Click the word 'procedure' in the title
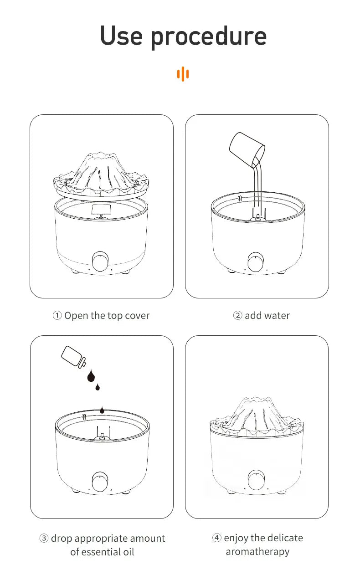point(208,37)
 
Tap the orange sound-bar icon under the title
point(183,74)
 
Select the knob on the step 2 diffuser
point(255,263)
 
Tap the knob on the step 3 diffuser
point(99,482)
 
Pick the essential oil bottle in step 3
point(73,357)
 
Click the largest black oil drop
point(91,376)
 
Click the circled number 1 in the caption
point(57,316)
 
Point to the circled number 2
point(238,316)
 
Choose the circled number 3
point(44,539)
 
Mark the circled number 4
point(217,538)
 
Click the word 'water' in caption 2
point(276,316)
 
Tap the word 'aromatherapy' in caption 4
point(257,552)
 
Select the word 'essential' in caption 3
point(103,552)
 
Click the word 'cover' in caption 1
point(137,316)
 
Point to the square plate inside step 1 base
point(101,210)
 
